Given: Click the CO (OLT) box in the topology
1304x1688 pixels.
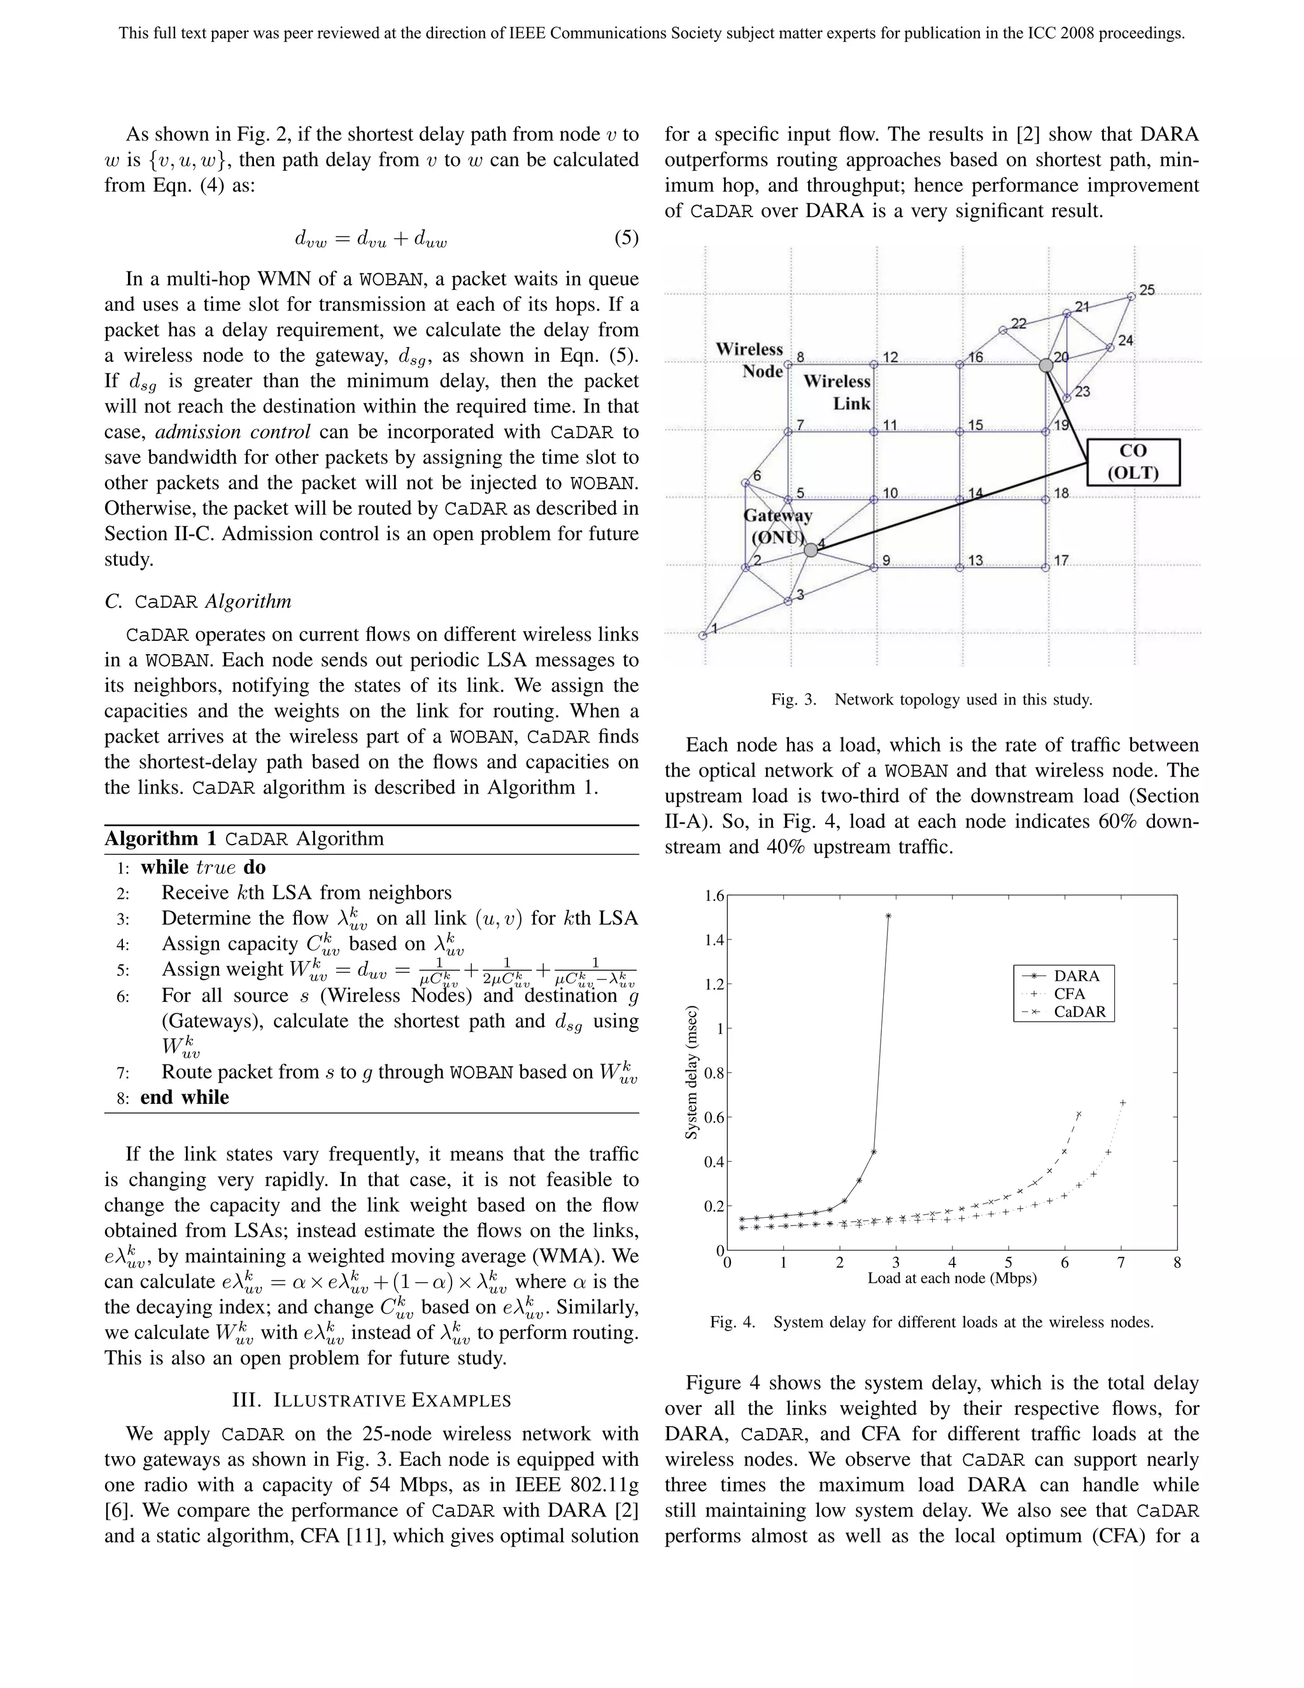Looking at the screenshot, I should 1133,462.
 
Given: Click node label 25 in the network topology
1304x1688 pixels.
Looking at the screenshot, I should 1147,290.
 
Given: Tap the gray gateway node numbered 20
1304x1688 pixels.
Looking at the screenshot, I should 1045,365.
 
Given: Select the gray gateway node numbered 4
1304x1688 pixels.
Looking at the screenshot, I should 811,550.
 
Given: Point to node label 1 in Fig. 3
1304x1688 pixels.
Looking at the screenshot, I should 714,628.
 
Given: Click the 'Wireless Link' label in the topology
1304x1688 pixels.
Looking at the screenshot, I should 837,392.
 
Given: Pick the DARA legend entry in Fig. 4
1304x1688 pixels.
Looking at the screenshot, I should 1076,976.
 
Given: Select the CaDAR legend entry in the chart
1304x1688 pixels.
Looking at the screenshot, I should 1079,1012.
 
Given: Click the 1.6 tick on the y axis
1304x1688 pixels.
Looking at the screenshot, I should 714,897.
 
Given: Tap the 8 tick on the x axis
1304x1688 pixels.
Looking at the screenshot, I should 1177,1263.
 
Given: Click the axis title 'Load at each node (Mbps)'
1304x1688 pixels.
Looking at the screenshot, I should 952,1278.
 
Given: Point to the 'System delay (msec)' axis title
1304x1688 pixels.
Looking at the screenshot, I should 692,1072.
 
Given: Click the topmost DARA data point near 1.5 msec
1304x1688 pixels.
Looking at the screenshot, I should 888,916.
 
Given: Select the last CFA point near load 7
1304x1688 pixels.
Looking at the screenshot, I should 1123,1102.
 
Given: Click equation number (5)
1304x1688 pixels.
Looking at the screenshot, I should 626,238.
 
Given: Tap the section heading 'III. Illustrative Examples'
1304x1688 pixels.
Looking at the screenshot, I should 372,1401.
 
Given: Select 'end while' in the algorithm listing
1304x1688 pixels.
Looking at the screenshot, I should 185,1098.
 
